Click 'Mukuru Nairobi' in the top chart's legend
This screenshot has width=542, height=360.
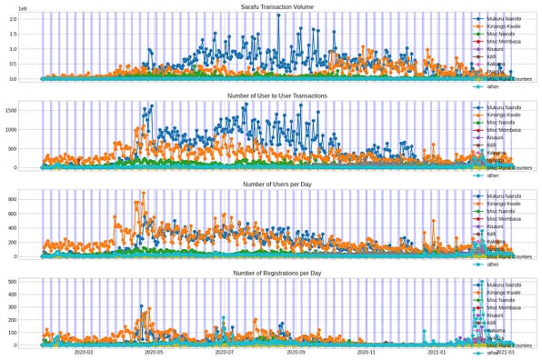(x=506, y=18)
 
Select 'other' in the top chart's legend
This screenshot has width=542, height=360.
(x=493, y=86)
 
